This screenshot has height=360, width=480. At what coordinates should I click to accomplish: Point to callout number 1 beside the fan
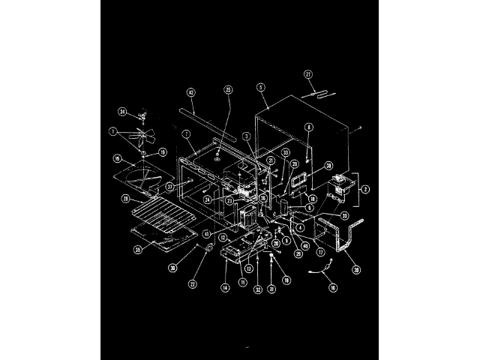112,132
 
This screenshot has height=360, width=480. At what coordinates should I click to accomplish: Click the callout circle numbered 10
163,152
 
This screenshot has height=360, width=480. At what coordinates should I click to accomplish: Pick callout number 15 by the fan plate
117,159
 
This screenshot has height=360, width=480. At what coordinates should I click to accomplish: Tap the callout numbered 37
170,186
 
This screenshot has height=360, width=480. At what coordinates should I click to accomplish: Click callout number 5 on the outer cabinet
260,86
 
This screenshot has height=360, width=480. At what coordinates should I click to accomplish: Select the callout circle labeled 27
307,74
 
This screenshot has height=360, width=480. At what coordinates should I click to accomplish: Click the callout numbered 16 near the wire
333,287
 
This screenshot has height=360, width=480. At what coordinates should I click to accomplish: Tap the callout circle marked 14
224,287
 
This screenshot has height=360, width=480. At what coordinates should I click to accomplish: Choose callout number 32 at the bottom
257,289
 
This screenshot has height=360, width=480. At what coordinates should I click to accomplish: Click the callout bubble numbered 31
272,289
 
